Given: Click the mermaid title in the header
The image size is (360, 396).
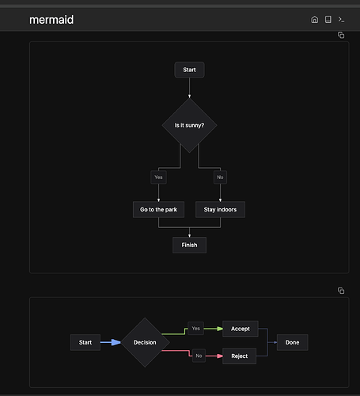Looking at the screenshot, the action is coord(51,20).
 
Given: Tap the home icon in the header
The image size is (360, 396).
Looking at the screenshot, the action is coord(315,20).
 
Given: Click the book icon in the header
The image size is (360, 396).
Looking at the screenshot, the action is coord(328,20).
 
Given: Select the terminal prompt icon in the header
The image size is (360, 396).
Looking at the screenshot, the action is coord(341,20).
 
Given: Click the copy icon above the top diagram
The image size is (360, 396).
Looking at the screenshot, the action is coord(341,35).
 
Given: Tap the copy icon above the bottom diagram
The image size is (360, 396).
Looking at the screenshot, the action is coord(341,291).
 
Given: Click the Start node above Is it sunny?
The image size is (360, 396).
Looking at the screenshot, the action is coord(189,70).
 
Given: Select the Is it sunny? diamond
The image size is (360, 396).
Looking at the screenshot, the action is coord(189,125).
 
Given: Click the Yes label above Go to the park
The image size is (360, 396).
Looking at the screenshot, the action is coord(158,177).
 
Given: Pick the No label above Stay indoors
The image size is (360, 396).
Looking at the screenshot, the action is coord(220,177).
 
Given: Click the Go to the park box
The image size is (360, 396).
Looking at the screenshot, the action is coord(158,210).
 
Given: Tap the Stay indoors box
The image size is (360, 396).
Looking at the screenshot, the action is coord(220,210).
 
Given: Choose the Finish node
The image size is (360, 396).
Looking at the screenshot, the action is coord(189,245).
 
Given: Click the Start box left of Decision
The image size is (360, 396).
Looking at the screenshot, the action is coord(85,342).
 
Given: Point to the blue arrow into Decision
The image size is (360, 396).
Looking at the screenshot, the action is coord(111,342).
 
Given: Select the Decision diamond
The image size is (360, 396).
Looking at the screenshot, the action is coord(145,342).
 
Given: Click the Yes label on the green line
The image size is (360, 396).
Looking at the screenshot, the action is coord(195,329).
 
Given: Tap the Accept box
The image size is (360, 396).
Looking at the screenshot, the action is coord(241,329).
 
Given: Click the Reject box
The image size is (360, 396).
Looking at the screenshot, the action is coord(240,356).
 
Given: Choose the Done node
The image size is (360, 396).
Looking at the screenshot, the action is coord(293,342).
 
